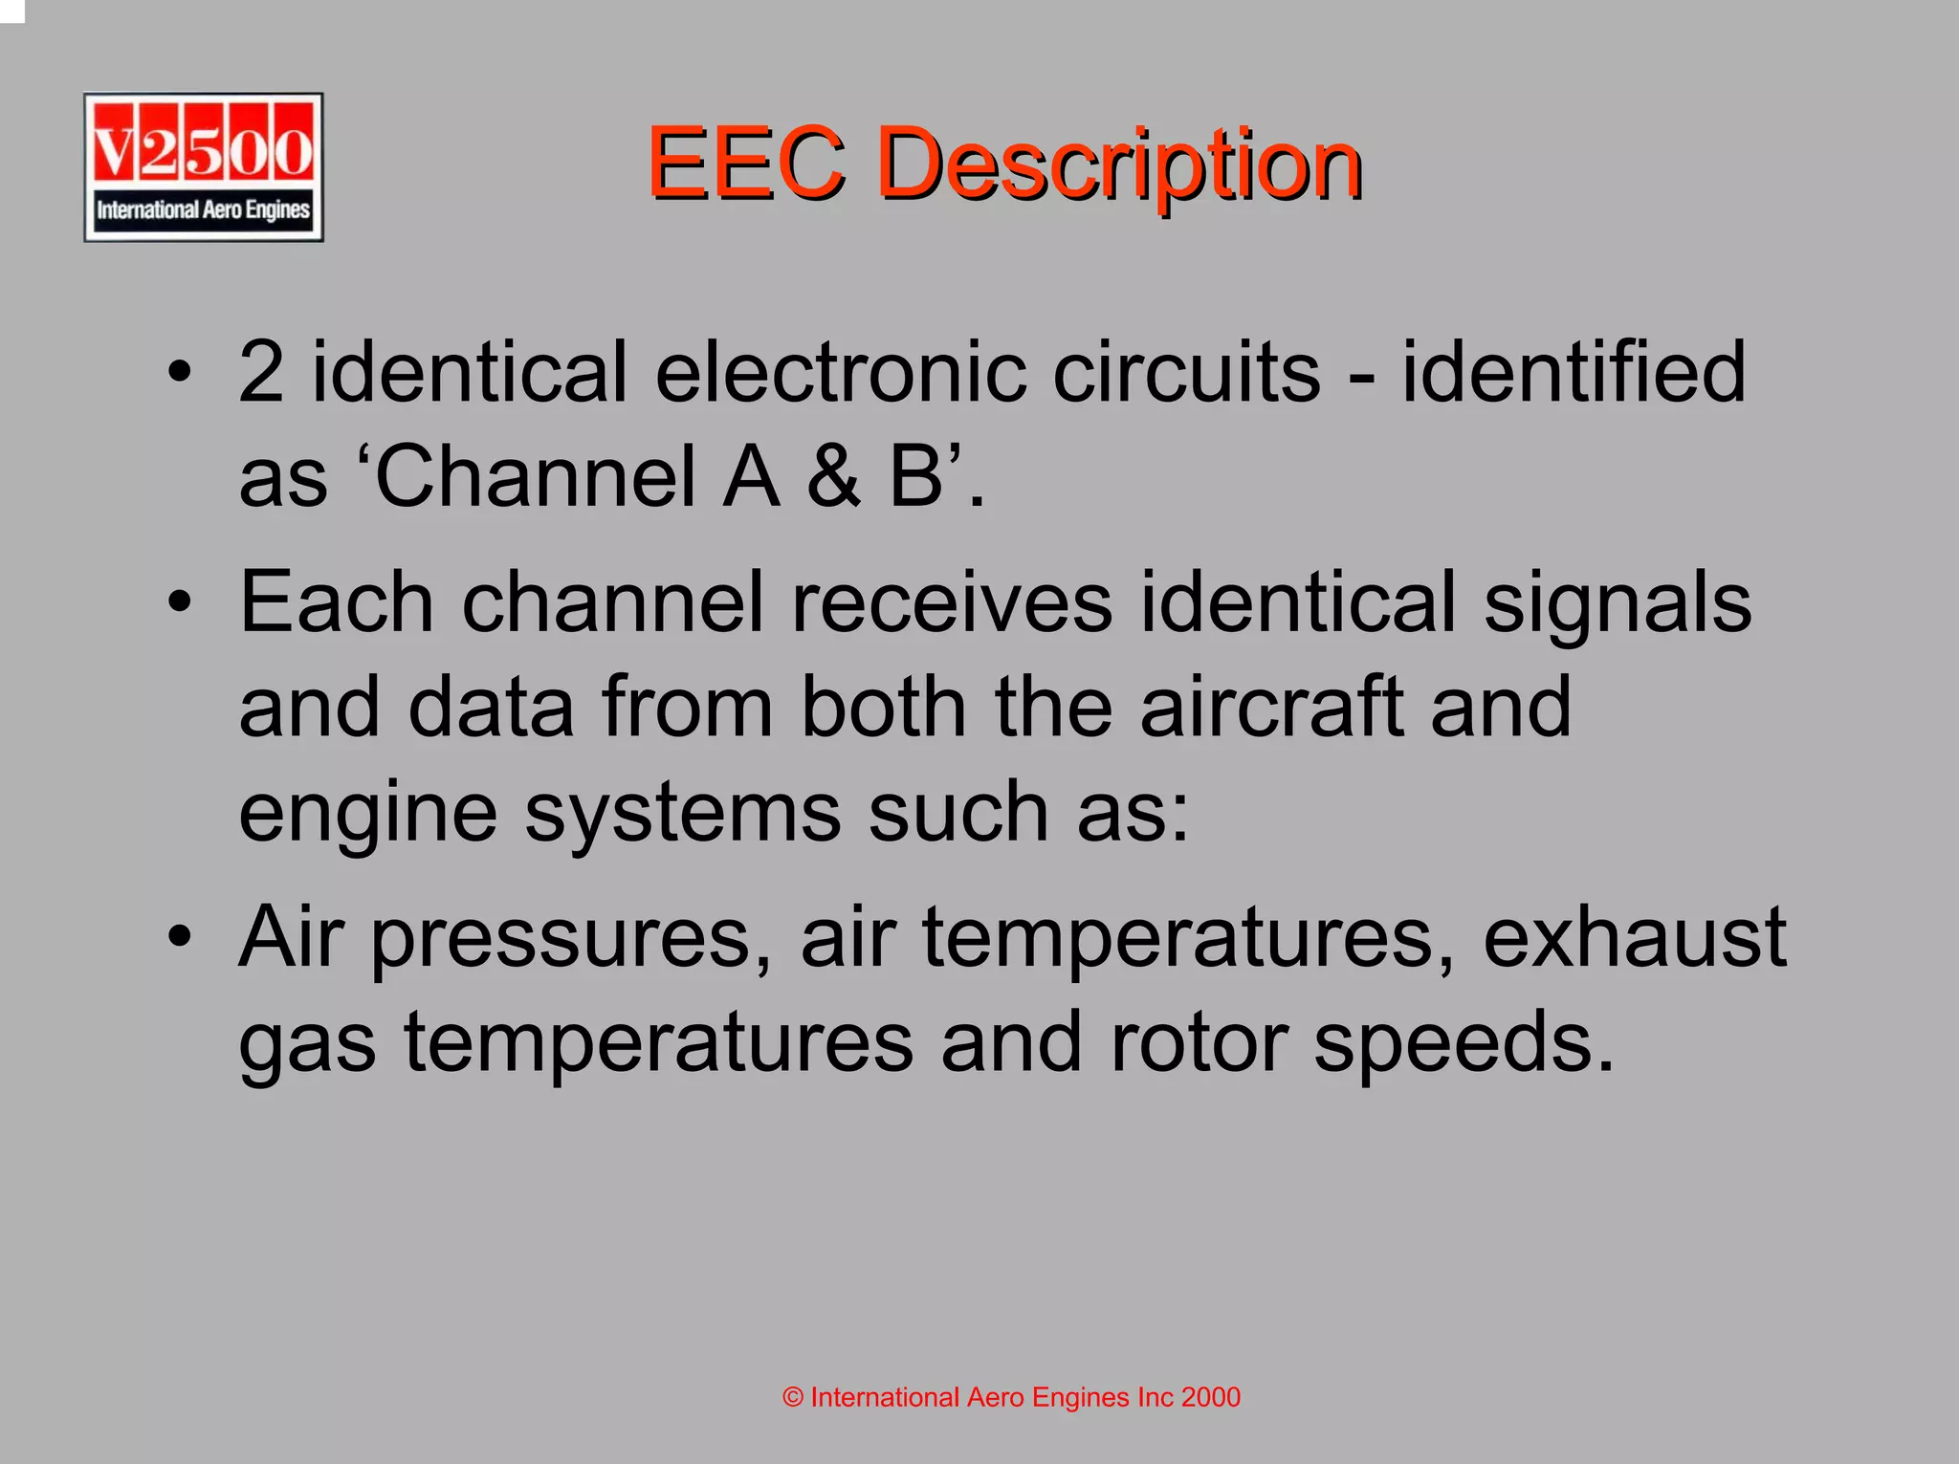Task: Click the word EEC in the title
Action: click(746, 164)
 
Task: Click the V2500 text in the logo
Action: click(203, 150)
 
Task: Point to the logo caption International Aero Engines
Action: click(203, 209)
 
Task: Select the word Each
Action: click(337, 602)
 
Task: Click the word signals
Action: click(1617, 602)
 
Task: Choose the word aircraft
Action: click(1271, 707)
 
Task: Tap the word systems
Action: click(682, 813)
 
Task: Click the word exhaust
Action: click(1634, 937)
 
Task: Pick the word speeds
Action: click(1464, 1043)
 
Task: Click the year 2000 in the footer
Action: click(1210, 1397)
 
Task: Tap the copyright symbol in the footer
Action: click(793, 1397)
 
